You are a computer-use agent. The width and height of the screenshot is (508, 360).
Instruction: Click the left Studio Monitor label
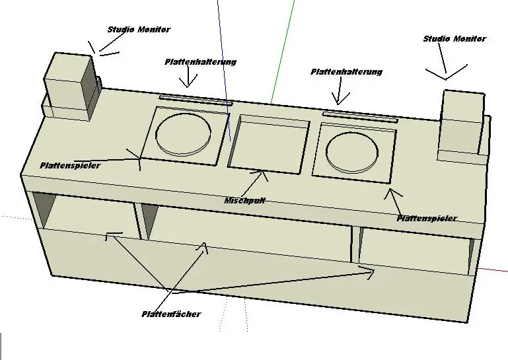pyautogui.click(x=139, y=30)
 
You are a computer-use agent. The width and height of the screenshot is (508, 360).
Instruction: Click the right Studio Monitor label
pyautogui.click(x=454, y=39)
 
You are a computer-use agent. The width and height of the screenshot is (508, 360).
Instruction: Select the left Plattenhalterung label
pyautogui.click(x=200, y=62)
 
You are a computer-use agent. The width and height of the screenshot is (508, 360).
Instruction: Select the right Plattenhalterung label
pyautogui.click(x=346, y=72)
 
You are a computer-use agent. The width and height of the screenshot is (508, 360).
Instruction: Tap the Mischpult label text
pyautogui.click(x=244, y=199)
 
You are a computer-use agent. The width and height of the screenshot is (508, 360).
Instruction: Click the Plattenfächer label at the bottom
pyautogui.click(x=171, y=314)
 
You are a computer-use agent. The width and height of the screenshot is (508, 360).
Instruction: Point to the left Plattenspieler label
pyautogui.click(x=70, y=165)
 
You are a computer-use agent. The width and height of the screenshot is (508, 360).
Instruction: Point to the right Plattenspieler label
pyautogui.click(x=426, y=218)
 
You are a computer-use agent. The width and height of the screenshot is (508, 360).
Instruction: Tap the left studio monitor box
pyautogui.click(x=69, y=86)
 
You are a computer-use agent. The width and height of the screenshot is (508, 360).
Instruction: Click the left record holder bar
pyautogui.click(x=196, y=99)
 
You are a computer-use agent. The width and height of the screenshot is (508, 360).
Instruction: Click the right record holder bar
pyautogui.click(x=361, y=118)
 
